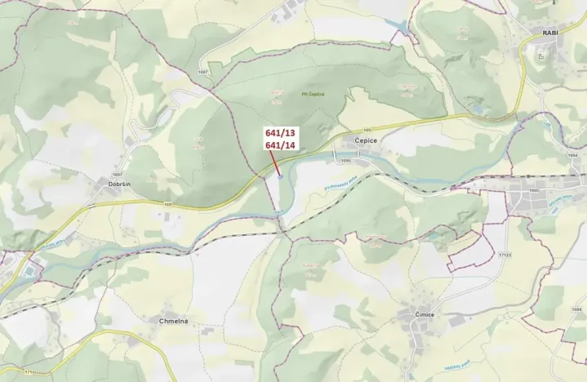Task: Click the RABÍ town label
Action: [x=549, y=33]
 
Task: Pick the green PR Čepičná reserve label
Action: [x=313, y=94]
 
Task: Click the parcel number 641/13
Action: [x=280, y=131]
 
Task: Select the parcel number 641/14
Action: [x=280, y=144]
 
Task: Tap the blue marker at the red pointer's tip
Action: [x=280, y=174]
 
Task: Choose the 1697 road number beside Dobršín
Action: [x=118, y=174]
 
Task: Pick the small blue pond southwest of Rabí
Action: [x=478, y=107]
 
